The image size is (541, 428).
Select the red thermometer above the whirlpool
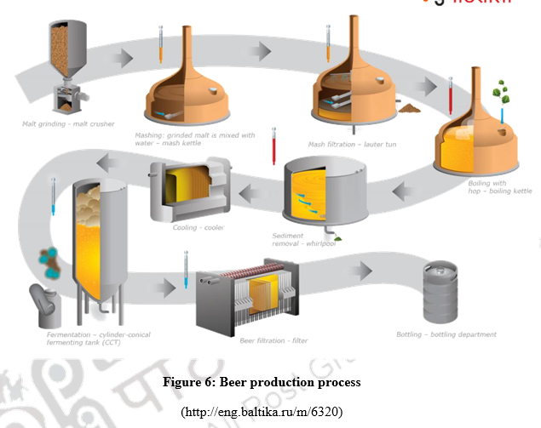pyautogui.click(x=273, y=146)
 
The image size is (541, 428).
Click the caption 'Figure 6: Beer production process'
pyautogui.click(x=262, y=382)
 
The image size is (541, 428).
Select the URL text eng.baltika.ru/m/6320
pyautogui.click(x=262, y=412)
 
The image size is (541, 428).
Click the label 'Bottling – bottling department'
pyautogui.click(x=446, y=334)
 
